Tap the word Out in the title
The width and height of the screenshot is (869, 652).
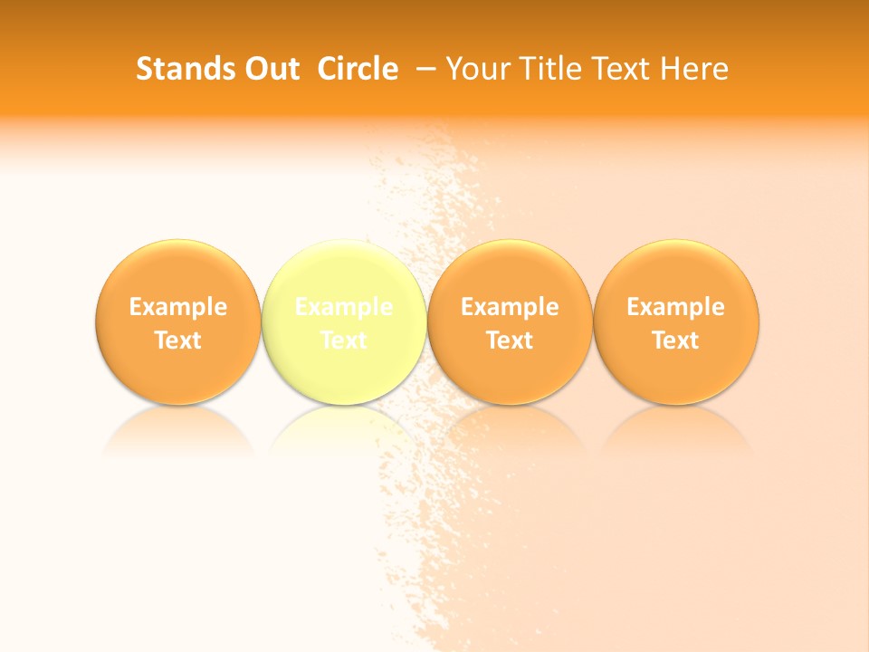click(x=270, y=69)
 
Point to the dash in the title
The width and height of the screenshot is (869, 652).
click(x=428, y=70)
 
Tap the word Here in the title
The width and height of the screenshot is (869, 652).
click(x=694, y=69)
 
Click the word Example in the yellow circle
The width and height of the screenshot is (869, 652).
click(x=344, y=307)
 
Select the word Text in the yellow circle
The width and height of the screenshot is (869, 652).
click(x=344, y=340)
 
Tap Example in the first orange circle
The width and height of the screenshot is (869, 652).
click(x=178, y=307)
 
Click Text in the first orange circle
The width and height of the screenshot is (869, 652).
click(x=178, y=340)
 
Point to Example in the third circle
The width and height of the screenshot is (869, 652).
click(x=511, y=307)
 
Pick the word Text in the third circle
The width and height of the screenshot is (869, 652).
click(x=511, y=340)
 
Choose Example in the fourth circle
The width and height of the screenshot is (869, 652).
click(x=676, y=307)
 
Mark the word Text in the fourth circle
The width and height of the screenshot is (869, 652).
click(x=676, y=340)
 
